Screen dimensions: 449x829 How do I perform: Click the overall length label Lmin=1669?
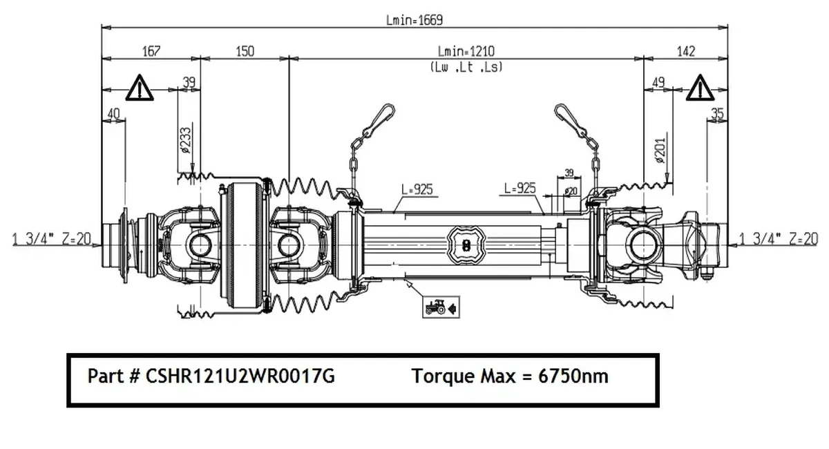pos(414,20)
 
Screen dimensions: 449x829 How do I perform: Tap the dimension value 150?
pos(245,51)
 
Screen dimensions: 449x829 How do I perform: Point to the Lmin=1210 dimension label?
pos(466,51)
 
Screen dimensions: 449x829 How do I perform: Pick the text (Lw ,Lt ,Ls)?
pos(466,67)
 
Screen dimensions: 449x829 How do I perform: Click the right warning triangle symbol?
pos(700,88)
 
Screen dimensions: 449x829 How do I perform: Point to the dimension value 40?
pos(114,113)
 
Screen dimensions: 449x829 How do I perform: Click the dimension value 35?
pos(716,113)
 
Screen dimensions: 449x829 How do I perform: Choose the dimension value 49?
pos(658,83)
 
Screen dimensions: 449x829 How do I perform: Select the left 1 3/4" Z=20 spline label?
pos(52,239)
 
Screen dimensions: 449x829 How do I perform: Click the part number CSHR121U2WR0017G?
pos(211,376)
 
